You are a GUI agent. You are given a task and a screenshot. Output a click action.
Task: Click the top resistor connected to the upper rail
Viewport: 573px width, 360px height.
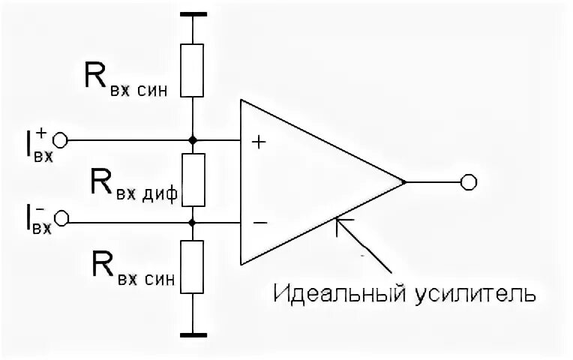[193, 70]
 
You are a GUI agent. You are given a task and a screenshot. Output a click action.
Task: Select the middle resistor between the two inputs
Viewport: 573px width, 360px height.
[193, 180]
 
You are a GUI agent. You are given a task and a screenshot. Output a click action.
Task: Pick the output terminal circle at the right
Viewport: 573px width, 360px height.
[469, 182]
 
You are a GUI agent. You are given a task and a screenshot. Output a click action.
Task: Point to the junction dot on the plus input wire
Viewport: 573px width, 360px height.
[193, 140]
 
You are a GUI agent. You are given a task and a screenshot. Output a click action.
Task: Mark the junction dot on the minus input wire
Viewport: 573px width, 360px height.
[193, 223]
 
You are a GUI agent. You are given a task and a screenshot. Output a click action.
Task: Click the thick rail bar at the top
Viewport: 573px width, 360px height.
[193, 14]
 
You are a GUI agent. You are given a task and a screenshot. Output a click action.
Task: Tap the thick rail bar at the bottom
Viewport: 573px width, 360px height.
[193, 334]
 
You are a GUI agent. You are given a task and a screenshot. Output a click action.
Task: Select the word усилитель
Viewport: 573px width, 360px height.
[475, 292]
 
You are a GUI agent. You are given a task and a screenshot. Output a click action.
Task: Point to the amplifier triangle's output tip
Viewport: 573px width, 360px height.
[404, 182]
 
